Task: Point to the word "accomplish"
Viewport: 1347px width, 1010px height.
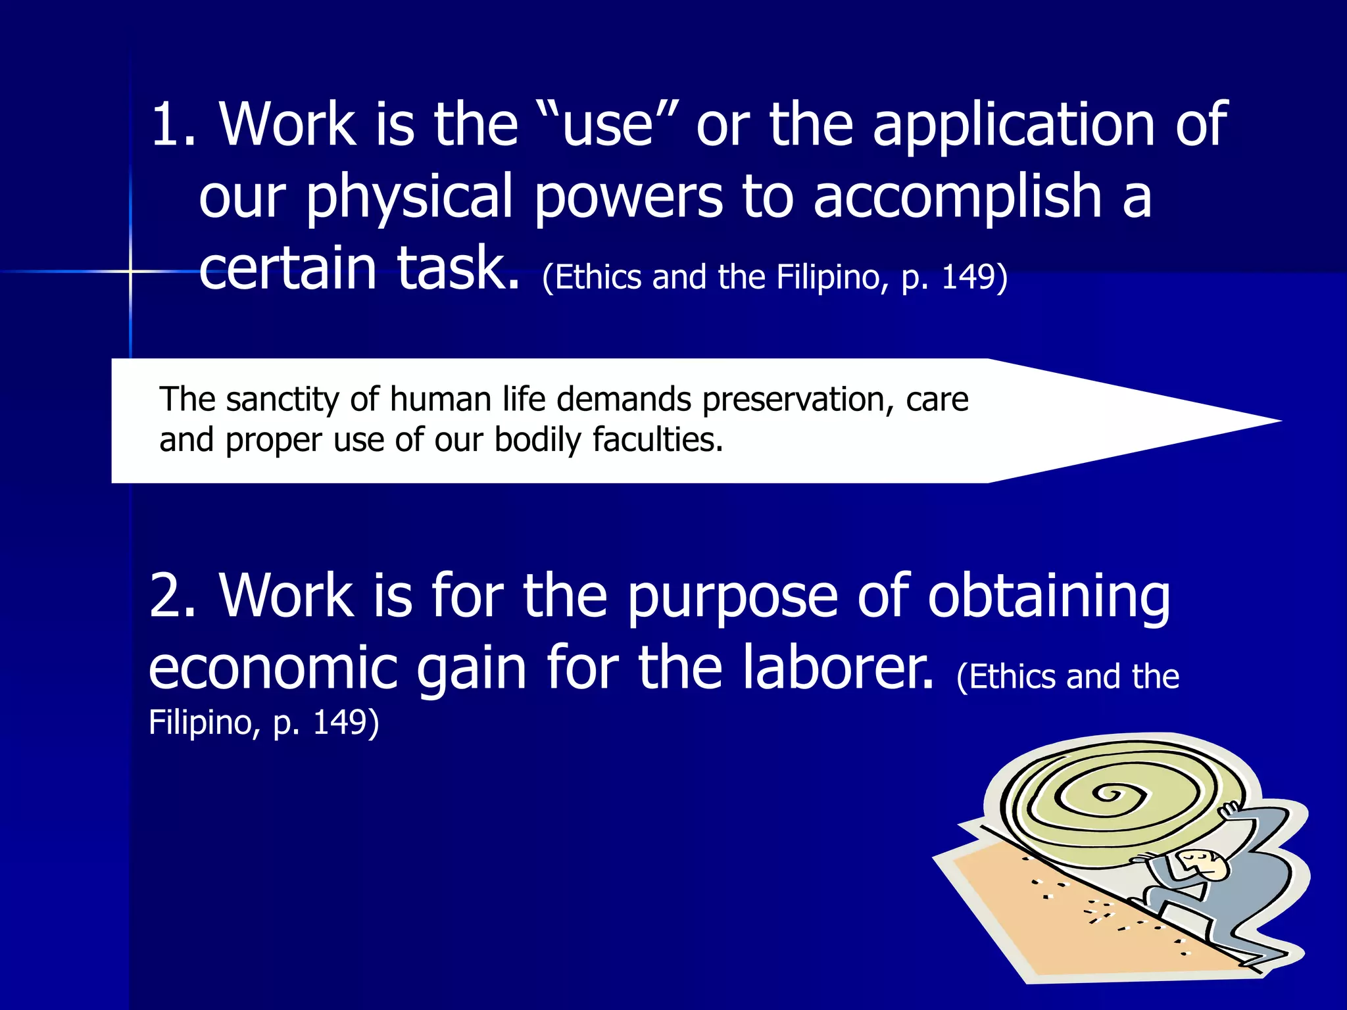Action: tap(958, 197)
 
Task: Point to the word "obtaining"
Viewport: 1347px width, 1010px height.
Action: tap(1048, 597)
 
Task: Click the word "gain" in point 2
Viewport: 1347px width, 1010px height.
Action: tap(472, 669)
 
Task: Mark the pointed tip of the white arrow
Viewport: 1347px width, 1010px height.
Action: tap(1279, 421)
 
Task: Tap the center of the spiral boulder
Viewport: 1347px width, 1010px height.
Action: tap(1112, 795)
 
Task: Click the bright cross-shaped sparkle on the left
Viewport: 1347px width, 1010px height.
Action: tap(130, 271)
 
